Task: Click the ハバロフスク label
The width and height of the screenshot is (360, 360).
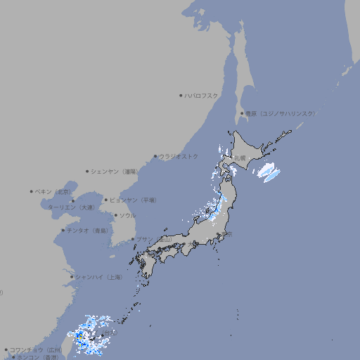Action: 202,96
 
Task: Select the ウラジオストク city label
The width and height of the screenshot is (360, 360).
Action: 179,157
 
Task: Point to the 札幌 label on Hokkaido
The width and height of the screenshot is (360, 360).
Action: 240,158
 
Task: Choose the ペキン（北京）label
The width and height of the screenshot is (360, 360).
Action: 53,191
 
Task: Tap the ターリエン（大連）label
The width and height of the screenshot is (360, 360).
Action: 71,207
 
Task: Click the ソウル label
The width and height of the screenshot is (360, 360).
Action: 127,216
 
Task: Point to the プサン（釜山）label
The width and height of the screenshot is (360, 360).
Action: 154,240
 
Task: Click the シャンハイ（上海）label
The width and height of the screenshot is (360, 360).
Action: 98,277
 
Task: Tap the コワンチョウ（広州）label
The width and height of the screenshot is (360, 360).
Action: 36,349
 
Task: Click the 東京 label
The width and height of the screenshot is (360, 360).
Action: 226,234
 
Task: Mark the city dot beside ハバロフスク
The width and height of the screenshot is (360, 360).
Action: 181,96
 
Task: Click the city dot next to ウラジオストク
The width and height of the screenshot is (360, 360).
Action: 155,157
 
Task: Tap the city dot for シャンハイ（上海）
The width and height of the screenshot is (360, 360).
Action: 72,277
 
